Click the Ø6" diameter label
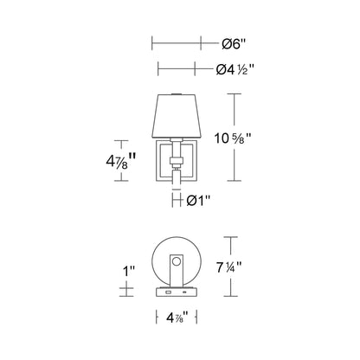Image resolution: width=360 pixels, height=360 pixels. [234, 42]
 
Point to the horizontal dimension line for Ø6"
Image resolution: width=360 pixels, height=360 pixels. [177, 42]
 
